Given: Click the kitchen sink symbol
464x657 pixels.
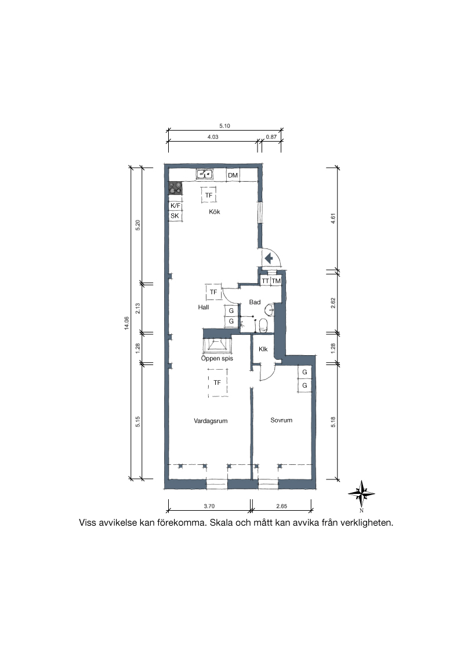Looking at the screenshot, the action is (x=205, y=174).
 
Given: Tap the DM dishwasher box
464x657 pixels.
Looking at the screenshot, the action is (x=233, y=175).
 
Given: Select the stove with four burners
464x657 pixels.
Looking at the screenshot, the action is (x=176, y=188).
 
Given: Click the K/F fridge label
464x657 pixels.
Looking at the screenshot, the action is (x=176, y=205).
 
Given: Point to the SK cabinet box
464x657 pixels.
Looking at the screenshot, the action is (x=176, y=216).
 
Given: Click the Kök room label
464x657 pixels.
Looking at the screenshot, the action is (x=215, y=212).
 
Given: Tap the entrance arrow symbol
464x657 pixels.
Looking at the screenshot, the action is (x=269, y=258).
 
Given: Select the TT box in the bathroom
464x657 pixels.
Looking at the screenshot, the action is (x=266, y=281).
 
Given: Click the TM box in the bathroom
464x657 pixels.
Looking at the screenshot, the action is (x=276, y=281).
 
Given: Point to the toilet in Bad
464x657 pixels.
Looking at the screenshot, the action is (x=263, y=325).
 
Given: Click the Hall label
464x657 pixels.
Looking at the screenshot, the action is (x=204, y=307).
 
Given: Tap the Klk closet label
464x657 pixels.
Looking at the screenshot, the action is (x=263, y=349).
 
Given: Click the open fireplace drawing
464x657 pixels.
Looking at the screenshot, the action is (x=217, y=345).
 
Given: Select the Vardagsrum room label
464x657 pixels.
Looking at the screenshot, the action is (x=211, y=421).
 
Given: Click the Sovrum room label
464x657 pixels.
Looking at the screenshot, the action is (x=281, y=420).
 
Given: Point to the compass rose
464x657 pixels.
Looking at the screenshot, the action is (x=361, y=493).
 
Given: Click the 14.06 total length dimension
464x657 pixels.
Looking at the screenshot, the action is (x=126, y=323).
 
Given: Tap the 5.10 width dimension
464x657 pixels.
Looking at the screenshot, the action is (x=225, y=126).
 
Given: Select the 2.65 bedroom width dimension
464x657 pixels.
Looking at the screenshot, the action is (x=281, y=506).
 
